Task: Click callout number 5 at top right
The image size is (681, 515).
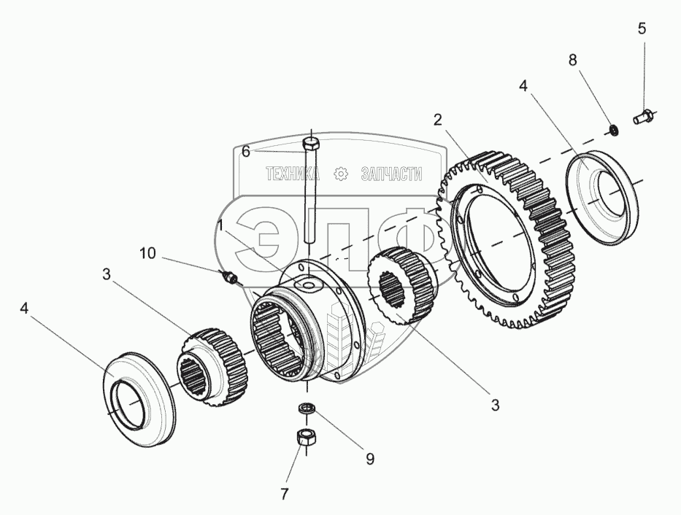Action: coord(642,28)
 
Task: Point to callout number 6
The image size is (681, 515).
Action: coord(246,152)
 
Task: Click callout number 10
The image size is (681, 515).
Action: coord(147,252)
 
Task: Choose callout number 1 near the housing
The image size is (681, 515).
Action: coord(219,227)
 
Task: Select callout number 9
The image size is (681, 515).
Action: coord(369,459)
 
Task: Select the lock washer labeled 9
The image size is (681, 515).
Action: coord(307,408)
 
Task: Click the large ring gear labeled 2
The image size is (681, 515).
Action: coord(511,241)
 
